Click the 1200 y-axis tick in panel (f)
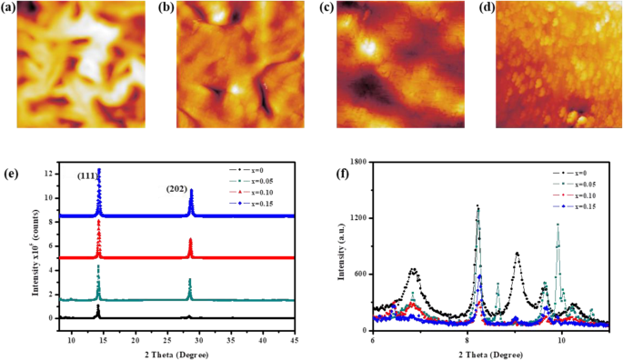tap(357, 218)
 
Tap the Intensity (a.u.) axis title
tap(338, 245)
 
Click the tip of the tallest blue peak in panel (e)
tap(98, 169)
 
